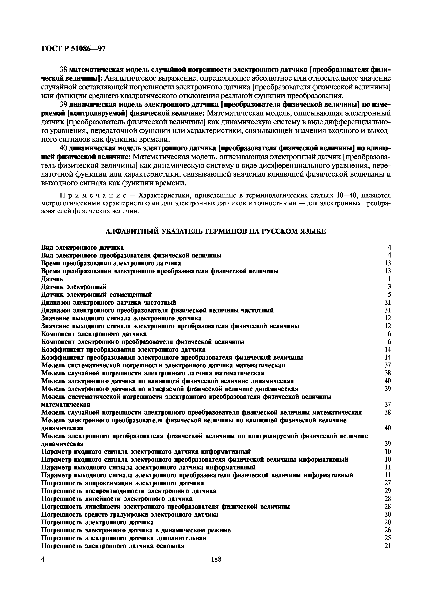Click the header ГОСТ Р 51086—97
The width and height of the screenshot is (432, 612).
(x=74, y=48)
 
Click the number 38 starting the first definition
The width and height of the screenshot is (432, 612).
(x=63, y=70)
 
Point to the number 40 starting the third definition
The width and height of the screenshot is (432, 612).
(x=63, y=148)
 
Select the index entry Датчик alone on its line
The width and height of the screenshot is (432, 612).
(x=52, y=279)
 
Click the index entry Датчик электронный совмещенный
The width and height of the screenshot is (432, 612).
(x=96, y=294)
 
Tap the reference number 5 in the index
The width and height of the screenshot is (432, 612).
(x=389, y=294)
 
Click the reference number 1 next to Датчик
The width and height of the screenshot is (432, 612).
(x=389, y=279)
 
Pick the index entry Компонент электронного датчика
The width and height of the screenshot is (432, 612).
(x=94, y=334)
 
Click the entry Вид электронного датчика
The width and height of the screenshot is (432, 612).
(x=82, y=247)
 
